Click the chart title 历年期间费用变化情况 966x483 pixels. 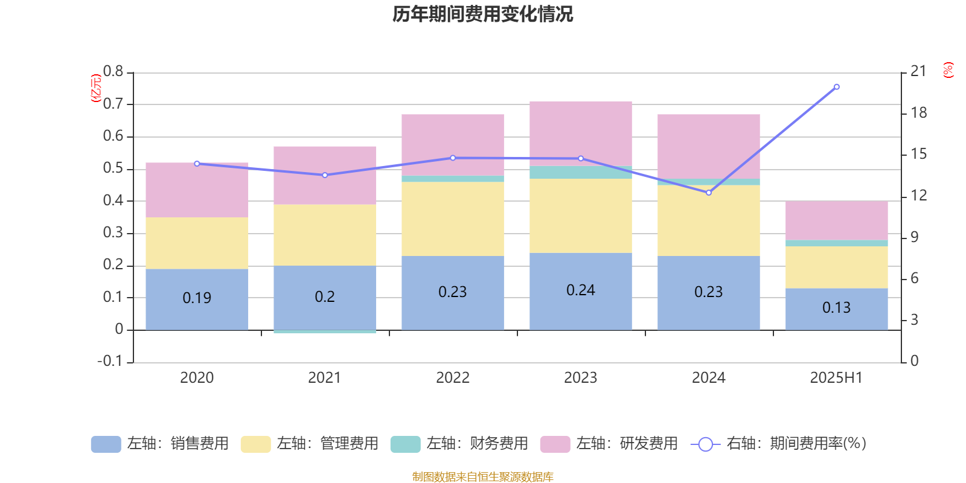(x=482, y=14)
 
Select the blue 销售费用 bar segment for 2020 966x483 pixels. (x=197, y=284)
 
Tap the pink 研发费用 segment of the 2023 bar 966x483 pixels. (x=581, y=133)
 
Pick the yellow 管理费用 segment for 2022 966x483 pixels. (x=453, y=219)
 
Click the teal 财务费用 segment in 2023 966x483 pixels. (x=581, y=173)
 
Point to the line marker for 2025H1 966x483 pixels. (x=836, y=87)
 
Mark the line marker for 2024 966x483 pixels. (x=709, y=193)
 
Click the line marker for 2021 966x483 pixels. (x=325, y=175)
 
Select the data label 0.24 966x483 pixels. (x=581, y=290)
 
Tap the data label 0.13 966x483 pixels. (x=836, y=308)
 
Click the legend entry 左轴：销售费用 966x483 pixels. (x=160, y=444)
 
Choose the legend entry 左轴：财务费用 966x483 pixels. (x=459, y=444)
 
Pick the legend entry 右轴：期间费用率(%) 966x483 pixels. (x=779, y=444)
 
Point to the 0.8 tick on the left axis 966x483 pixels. (x=113, y=72)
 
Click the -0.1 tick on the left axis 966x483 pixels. (x=110, y=361)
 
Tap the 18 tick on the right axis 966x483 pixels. (x=919, y=113)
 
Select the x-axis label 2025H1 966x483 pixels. (x=836, y=378)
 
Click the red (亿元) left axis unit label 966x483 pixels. (x=95, y=88)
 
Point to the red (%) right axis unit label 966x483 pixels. (x=948, y=70)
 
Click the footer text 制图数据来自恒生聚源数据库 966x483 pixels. (x=482, y=477)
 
